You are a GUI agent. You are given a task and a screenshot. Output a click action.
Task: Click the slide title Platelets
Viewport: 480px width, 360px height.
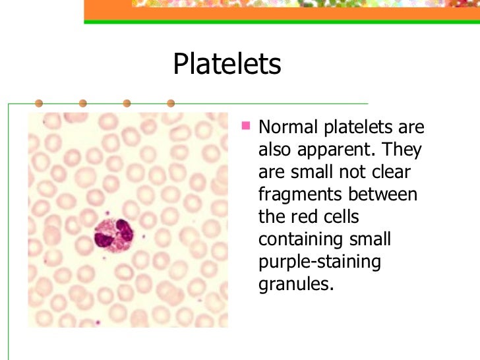(227, 65)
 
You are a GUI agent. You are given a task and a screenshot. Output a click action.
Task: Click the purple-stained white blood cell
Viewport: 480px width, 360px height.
(113, 235)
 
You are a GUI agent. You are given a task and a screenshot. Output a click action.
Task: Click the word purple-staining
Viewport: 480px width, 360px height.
(320, 262)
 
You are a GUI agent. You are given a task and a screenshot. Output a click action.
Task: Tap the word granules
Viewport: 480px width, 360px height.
(292, 285)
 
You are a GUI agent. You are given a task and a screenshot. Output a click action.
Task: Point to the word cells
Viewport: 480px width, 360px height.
(337, 217)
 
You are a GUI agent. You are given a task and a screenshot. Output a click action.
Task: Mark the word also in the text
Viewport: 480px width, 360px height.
(273, 150)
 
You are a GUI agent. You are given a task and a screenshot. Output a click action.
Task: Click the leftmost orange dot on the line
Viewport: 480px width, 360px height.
(39, 104)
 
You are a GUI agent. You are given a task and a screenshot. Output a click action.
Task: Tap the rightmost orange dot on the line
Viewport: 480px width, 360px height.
(171, 104)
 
